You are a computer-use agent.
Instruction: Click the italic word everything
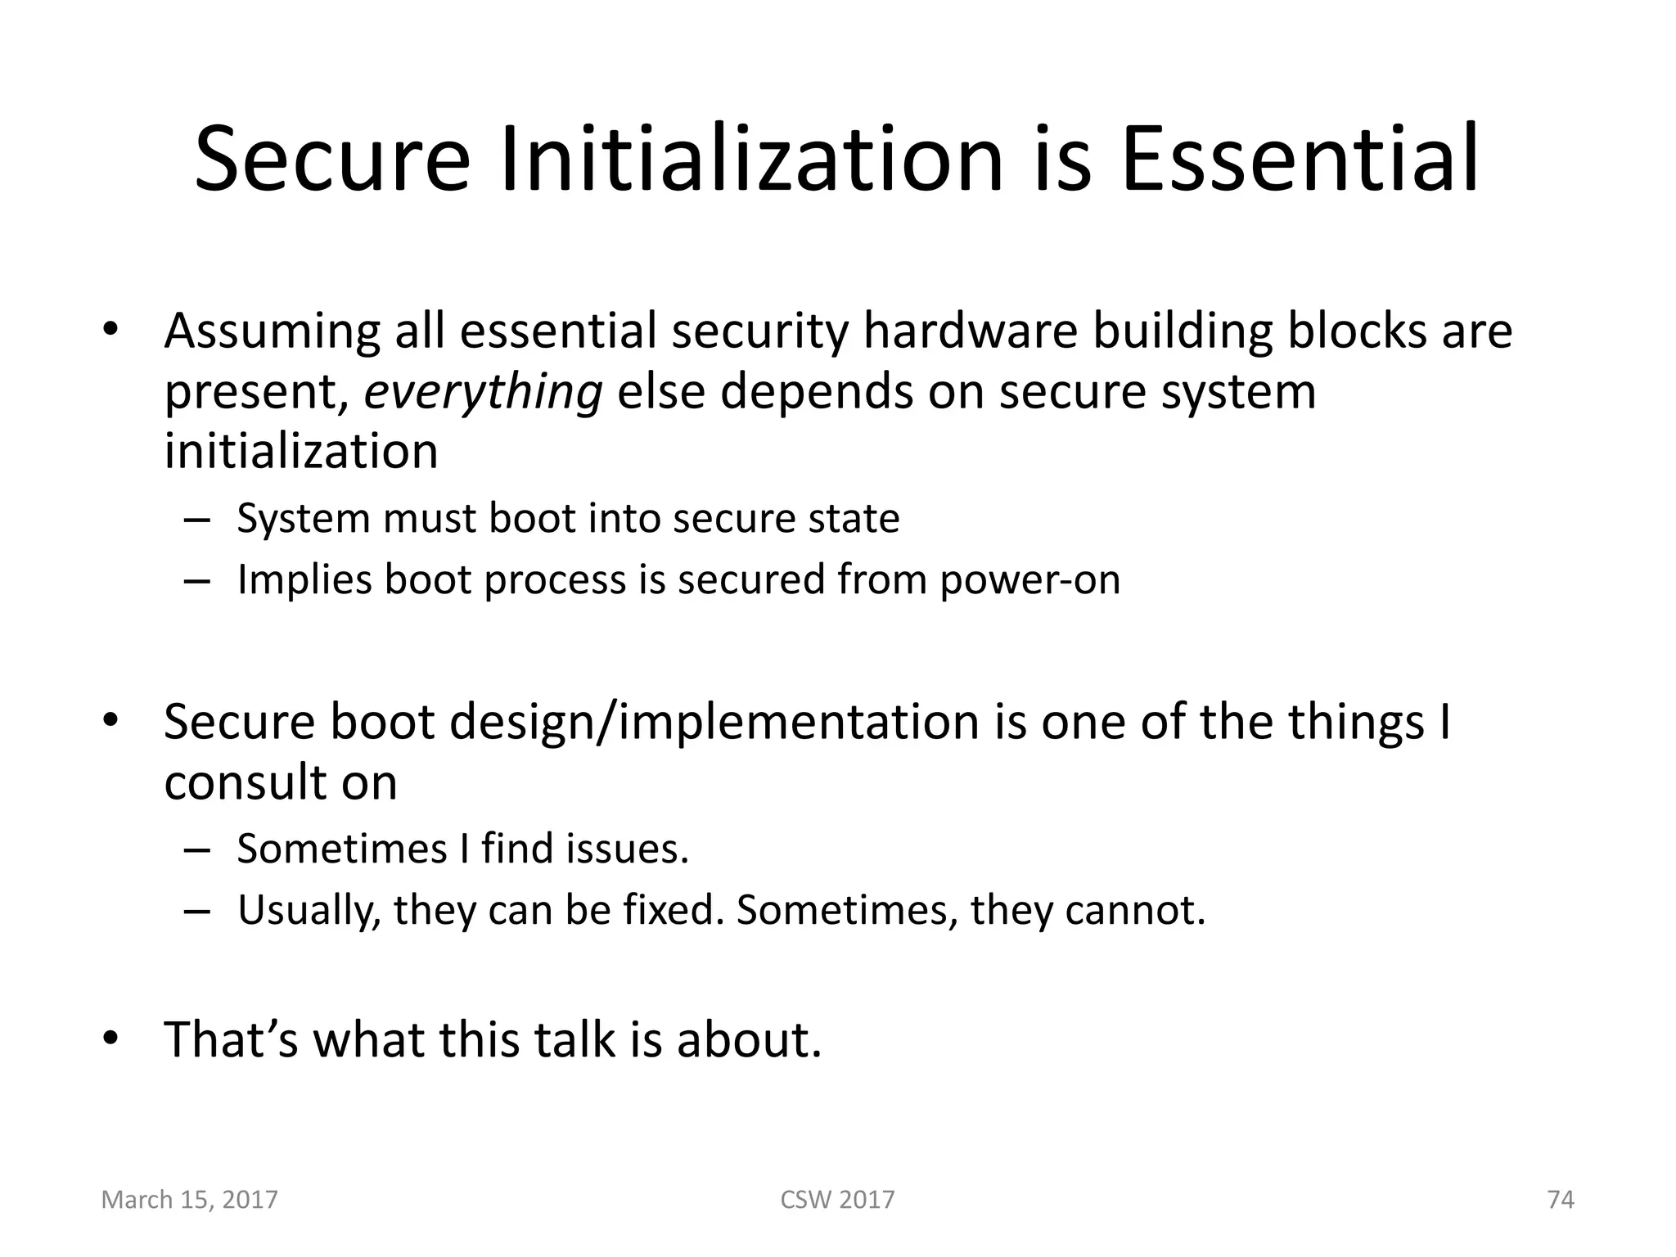click(483, 391)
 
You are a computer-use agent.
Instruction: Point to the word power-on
click(1029, 579)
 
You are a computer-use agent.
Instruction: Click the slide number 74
click(1561, 1200)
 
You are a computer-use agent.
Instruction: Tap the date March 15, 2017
click(189, 1200)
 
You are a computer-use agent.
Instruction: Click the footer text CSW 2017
click(837, 1200)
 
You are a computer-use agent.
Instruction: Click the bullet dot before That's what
click(110, 1039)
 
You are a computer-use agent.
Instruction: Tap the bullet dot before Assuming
click(110, 331)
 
